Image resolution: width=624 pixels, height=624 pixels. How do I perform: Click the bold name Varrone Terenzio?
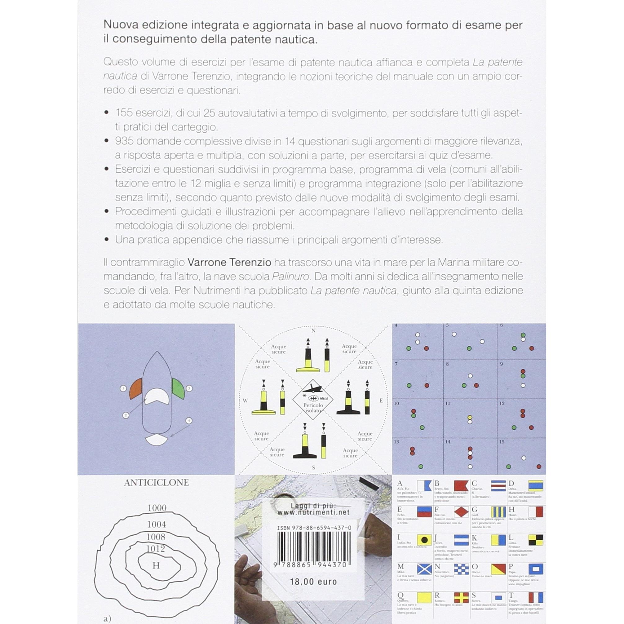point(229,262)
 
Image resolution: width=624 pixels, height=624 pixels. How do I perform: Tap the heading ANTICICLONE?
point(156,483)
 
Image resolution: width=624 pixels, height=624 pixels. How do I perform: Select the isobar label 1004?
point(156,524)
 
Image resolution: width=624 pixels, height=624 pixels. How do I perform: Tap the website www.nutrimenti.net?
point(314,512)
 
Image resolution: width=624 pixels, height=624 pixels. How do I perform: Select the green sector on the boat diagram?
point(178,389)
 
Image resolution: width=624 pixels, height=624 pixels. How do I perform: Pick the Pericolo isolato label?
point(313,408)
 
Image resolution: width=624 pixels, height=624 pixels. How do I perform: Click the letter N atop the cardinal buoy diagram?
point(313,331)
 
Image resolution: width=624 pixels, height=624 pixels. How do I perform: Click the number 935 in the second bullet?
point(124,141)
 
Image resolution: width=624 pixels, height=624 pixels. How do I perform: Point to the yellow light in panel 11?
point(470,417)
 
